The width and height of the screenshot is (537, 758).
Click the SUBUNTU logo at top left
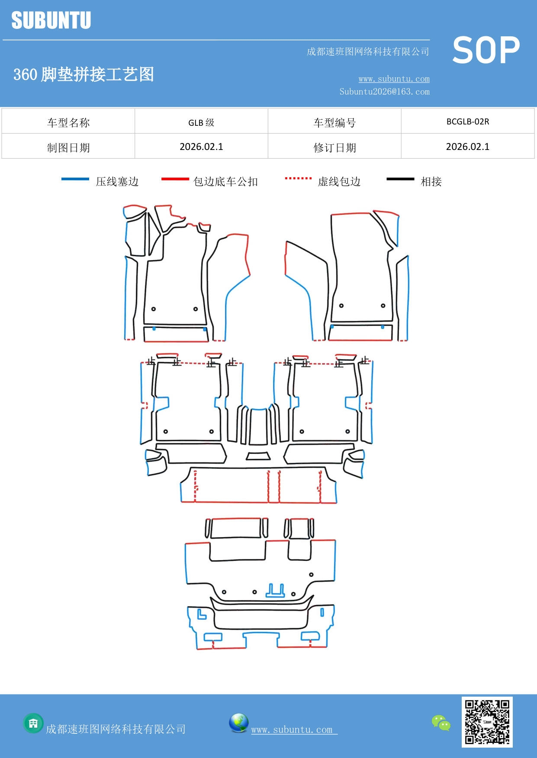pyautogui.click(x=51, y=20)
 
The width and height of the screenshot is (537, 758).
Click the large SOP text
pyautogui.click(x=486, y=51)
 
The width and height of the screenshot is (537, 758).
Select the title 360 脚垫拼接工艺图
pyautogui.click(x=84, y=74)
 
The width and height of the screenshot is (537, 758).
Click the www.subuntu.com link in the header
pyautogui.click(x=394, y=79)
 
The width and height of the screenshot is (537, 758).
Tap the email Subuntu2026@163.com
pyautogui.click(x=384, y=92)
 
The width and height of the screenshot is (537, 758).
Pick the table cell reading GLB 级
pyautogui.click(x=201, y=122)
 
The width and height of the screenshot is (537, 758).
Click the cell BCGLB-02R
pyautogui.click(x=467, y=121)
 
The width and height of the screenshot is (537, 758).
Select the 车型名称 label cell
pyautogui.click(x=68, y=123)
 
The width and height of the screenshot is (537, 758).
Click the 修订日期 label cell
pyautogui.click(x=334, y=148)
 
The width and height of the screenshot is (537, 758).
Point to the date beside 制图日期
pyautogui.click(x=201, y=147)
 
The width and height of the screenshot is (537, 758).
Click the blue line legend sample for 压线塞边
pyautogui.click(x=75, y=179)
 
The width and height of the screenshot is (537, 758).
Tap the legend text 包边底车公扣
pyautogui.click(x=225, y=182)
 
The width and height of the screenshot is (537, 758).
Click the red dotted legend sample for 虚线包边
pyautogui.click(x=298, y=178)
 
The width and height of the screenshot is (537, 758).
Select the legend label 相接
pyautogui.click(x=431, y=182)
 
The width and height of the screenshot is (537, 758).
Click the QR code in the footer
pyautogui.click(x=487, y=722)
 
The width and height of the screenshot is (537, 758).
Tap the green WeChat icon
pyautogui.click(x=441, y=723)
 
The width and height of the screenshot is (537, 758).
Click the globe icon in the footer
pyautogui.click(x=238, y=723)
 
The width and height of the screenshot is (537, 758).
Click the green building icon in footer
pyautogui.click(x=33, y=723)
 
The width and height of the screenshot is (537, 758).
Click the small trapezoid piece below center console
pyautogui.click(x=258, y=456)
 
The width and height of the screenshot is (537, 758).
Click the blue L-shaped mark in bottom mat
pyautogui.click(x=201, y=615)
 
